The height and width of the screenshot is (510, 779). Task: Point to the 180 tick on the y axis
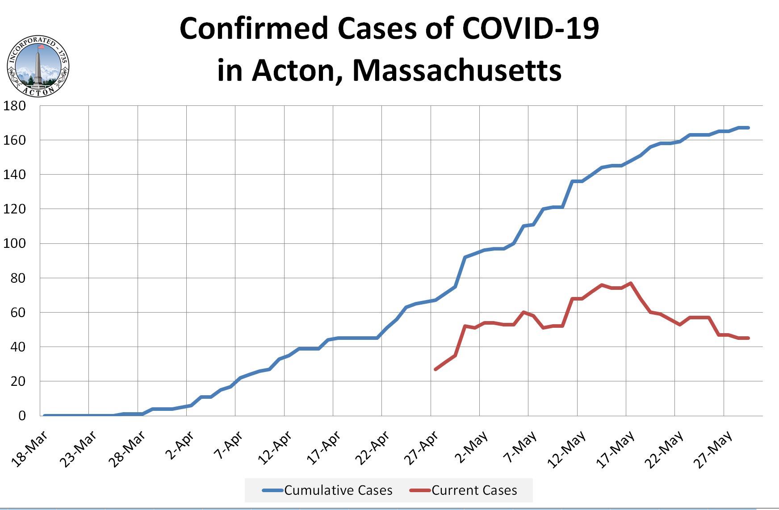pyautogui.click(x=15, y=106)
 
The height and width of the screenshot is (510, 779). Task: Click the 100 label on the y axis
pyautogui.click(x=15, y=244)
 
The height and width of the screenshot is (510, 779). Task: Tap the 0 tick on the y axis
pyautogui.click(x=22, y=416)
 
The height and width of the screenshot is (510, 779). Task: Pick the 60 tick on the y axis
pyautogui.click(x=17, y=313)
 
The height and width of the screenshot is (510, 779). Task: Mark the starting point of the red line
pyautogui.click(x=436, y=369)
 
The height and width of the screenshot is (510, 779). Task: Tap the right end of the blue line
pyautogui.click(x=748, y=128)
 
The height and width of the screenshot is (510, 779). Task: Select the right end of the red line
pyautogui.click(x=748, y=338)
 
